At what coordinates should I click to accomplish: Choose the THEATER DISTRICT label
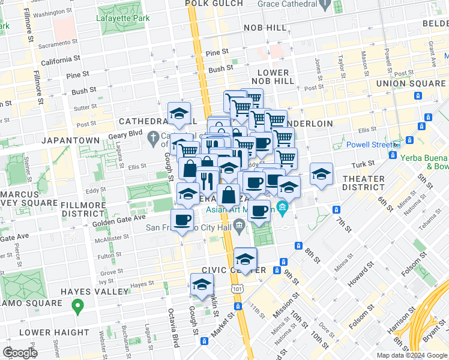[x=363, y=184]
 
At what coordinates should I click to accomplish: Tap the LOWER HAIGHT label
[x=53, y=332]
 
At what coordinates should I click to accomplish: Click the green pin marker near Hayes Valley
[x=77, y=307]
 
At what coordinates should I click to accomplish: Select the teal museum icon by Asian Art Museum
[x=282, y=209]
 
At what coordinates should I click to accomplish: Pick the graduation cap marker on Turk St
[x=321, y=174]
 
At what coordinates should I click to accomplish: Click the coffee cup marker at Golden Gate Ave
[x=182, y=220]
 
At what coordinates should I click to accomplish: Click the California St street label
[x=60, y=61]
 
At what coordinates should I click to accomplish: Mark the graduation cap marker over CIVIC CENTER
[x=245, y=259]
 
